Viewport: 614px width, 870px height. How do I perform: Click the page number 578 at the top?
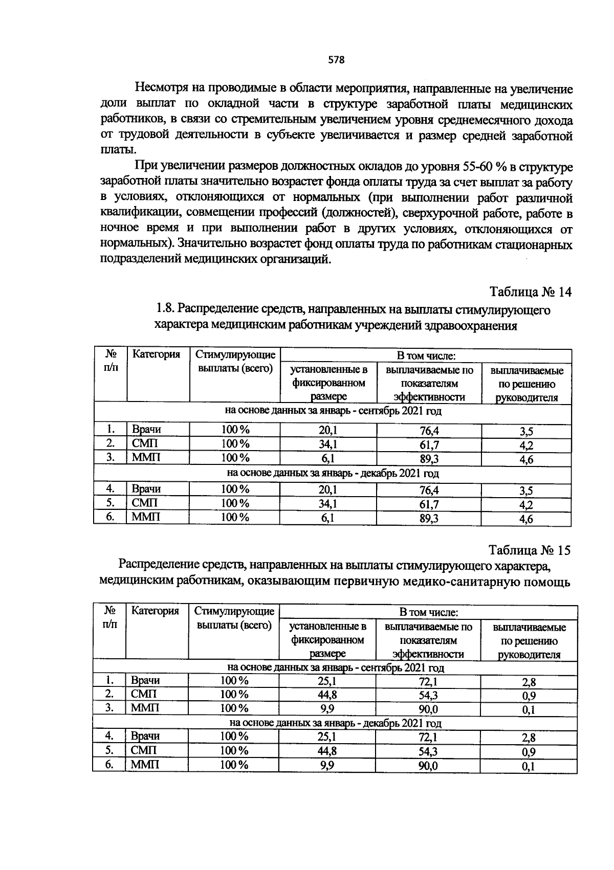point(336,60)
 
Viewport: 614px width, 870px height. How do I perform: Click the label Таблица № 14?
point(530,292)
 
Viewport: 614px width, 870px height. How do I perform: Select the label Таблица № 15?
point(529,550)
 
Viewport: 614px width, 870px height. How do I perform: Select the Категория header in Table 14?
point(156,354)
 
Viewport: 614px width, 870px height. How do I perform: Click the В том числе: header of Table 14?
point(426,355)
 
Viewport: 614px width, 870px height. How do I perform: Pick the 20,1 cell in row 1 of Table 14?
point(328,431)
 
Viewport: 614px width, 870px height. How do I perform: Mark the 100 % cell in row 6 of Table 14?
point(235,518)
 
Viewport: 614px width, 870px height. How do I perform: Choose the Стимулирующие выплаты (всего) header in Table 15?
point(234,618)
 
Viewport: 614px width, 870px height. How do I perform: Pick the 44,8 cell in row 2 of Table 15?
point(327,695)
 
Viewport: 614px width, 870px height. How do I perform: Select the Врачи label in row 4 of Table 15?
point(145,737)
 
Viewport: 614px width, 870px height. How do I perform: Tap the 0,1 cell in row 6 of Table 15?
point(528,767)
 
